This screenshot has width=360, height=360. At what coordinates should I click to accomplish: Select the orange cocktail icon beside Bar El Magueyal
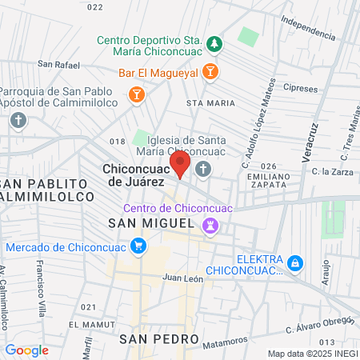click(x=209, y=72)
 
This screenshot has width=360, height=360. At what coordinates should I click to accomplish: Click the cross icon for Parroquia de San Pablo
click(x=18, y=120)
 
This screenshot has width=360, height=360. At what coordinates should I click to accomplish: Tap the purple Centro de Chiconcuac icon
click(x=210, y=226)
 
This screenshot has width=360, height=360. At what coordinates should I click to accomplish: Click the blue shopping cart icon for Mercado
click(x=139, y=246)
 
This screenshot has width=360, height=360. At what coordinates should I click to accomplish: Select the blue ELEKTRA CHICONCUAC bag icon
click(x=295, y=262)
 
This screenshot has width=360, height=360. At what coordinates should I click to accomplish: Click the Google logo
click(x=26, y=350)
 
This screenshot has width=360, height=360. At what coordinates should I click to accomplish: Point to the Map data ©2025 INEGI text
click(x=312, y=354)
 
